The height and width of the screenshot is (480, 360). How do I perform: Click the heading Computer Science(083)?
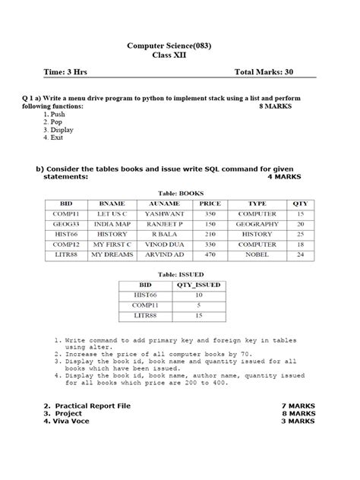[180, 46]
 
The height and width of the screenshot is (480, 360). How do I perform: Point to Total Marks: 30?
[264, 73]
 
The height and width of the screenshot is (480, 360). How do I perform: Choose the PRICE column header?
[210, 204]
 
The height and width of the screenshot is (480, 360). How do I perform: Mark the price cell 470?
[210, 255]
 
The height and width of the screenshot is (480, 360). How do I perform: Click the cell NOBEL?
[257, 255]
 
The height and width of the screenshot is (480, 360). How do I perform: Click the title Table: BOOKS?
[180, 193]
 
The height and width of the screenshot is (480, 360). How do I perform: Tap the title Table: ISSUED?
[180, 273]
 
